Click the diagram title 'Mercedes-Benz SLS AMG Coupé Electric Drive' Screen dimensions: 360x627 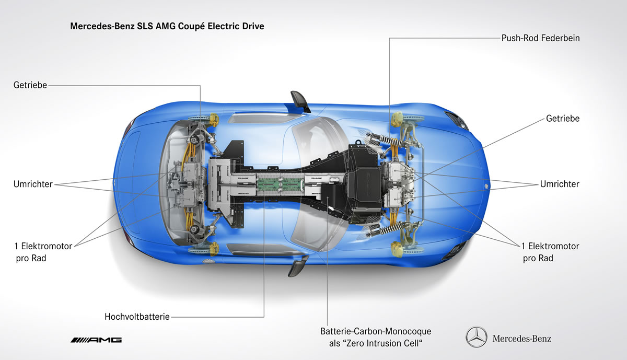[167, 25]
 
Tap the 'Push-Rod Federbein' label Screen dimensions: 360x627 [540, 38]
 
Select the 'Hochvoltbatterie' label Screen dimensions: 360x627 [137, 317]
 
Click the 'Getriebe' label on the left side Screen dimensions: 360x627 [30, 85]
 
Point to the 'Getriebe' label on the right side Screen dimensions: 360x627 [563, 119]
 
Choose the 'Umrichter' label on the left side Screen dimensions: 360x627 [33, 184]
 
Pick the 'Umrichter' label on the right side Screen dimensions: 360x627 [560, 184]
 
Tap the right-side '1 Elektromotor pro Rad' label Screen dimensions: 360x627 [550, 252]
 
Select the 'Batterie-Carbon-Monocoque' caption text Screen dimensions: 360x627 [376, 331]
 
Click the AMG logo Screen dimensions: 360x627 [96, 340]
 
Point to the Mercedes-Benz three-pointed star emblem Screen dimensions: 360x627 [476, 338]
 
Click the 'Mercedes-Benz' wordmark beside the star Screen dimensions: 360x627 [521, 339]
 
